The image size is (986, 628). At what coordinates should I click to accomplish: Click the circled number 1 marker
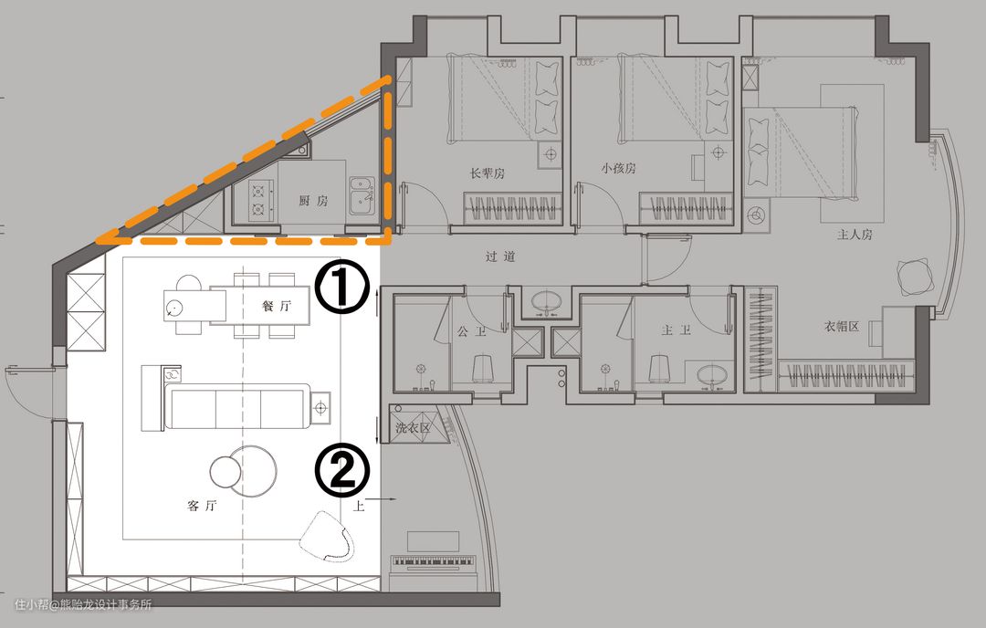[341, 287]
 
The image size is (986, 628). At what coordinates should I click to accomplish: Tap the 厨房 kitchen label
[313, 201]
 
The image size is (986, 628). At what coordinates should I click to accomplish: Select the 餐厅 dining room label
[277, 306]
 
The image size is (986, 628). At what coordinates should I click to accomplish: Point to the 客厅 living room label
[202, 505]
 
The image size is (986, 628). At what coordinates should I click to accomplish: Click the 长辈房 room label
[488, 173]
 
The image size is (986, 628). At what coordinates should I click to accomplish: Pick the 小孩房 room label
[618, 168]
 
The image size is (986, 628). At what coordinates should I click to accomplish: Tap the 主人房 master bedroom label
[855, 235]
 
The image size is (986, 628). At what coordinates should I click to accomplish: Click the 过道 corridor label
[500, 256]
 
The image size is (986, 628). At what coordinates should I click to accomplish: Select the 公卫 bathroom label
[472, 330]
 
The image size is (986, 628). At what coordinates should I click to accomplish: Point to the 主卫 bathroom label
[676, 330]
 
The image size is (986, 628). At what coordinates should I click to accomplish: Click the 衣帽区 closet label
[842, 327]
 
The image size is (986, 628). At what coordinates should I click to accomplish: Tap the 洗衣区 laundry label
[414, 428]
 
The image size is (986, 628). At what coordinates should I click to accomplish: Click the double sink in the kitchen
[362, 195]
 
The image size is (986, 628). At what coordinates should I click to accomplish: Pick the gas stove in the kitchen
[260, 199]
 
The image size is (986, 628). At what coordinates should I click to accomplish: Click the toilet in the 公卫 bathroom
[482, 369]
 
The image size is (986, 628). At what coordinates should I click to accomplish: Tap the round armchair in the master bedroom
[916, 277]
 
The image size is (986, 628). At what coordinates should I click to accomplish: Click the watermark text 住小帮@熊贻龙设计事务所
[83, 605]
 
